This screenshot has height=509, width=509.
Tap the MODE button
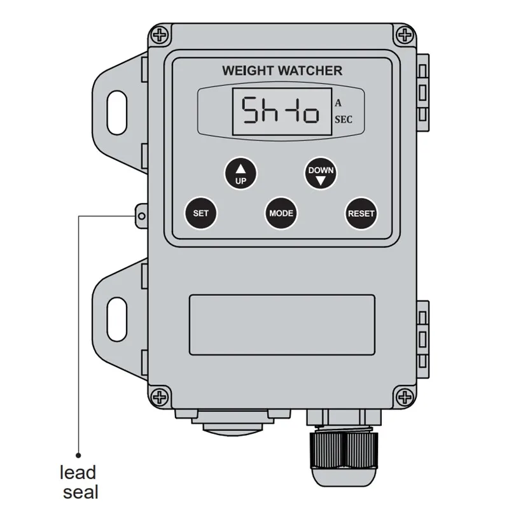[281, 213]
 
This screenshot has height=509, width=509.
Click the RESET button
[361, 213]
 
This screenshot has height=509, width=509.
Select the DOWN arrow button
[321, 174]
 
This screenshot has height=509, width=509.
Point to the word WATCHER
[310, 71]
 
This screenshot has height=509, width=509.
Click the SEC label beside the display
[344, 120]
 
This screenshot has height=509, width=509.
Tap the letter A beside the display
[338, 103]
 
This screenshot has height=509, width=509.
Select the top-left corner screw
[160, 35]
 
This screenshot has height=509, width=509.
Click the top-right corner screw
[405, 35]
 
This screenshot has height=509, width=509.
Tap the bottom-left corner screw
[160, 396]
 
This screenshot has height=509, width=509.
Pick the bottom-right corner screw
[405, 396]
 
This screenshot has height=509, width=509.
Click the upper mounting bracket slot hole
[117, 113]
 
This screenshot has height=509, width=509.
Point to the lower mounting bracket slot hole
[117, 319]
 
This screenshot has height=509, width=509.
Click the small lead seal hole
[141, 216]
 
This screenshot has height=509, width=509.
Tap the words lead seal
[79, 482]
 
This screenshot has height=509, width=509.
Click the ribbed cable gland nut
[344, 450]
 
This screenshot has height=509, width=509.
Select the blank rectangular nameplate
[282, 324]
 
